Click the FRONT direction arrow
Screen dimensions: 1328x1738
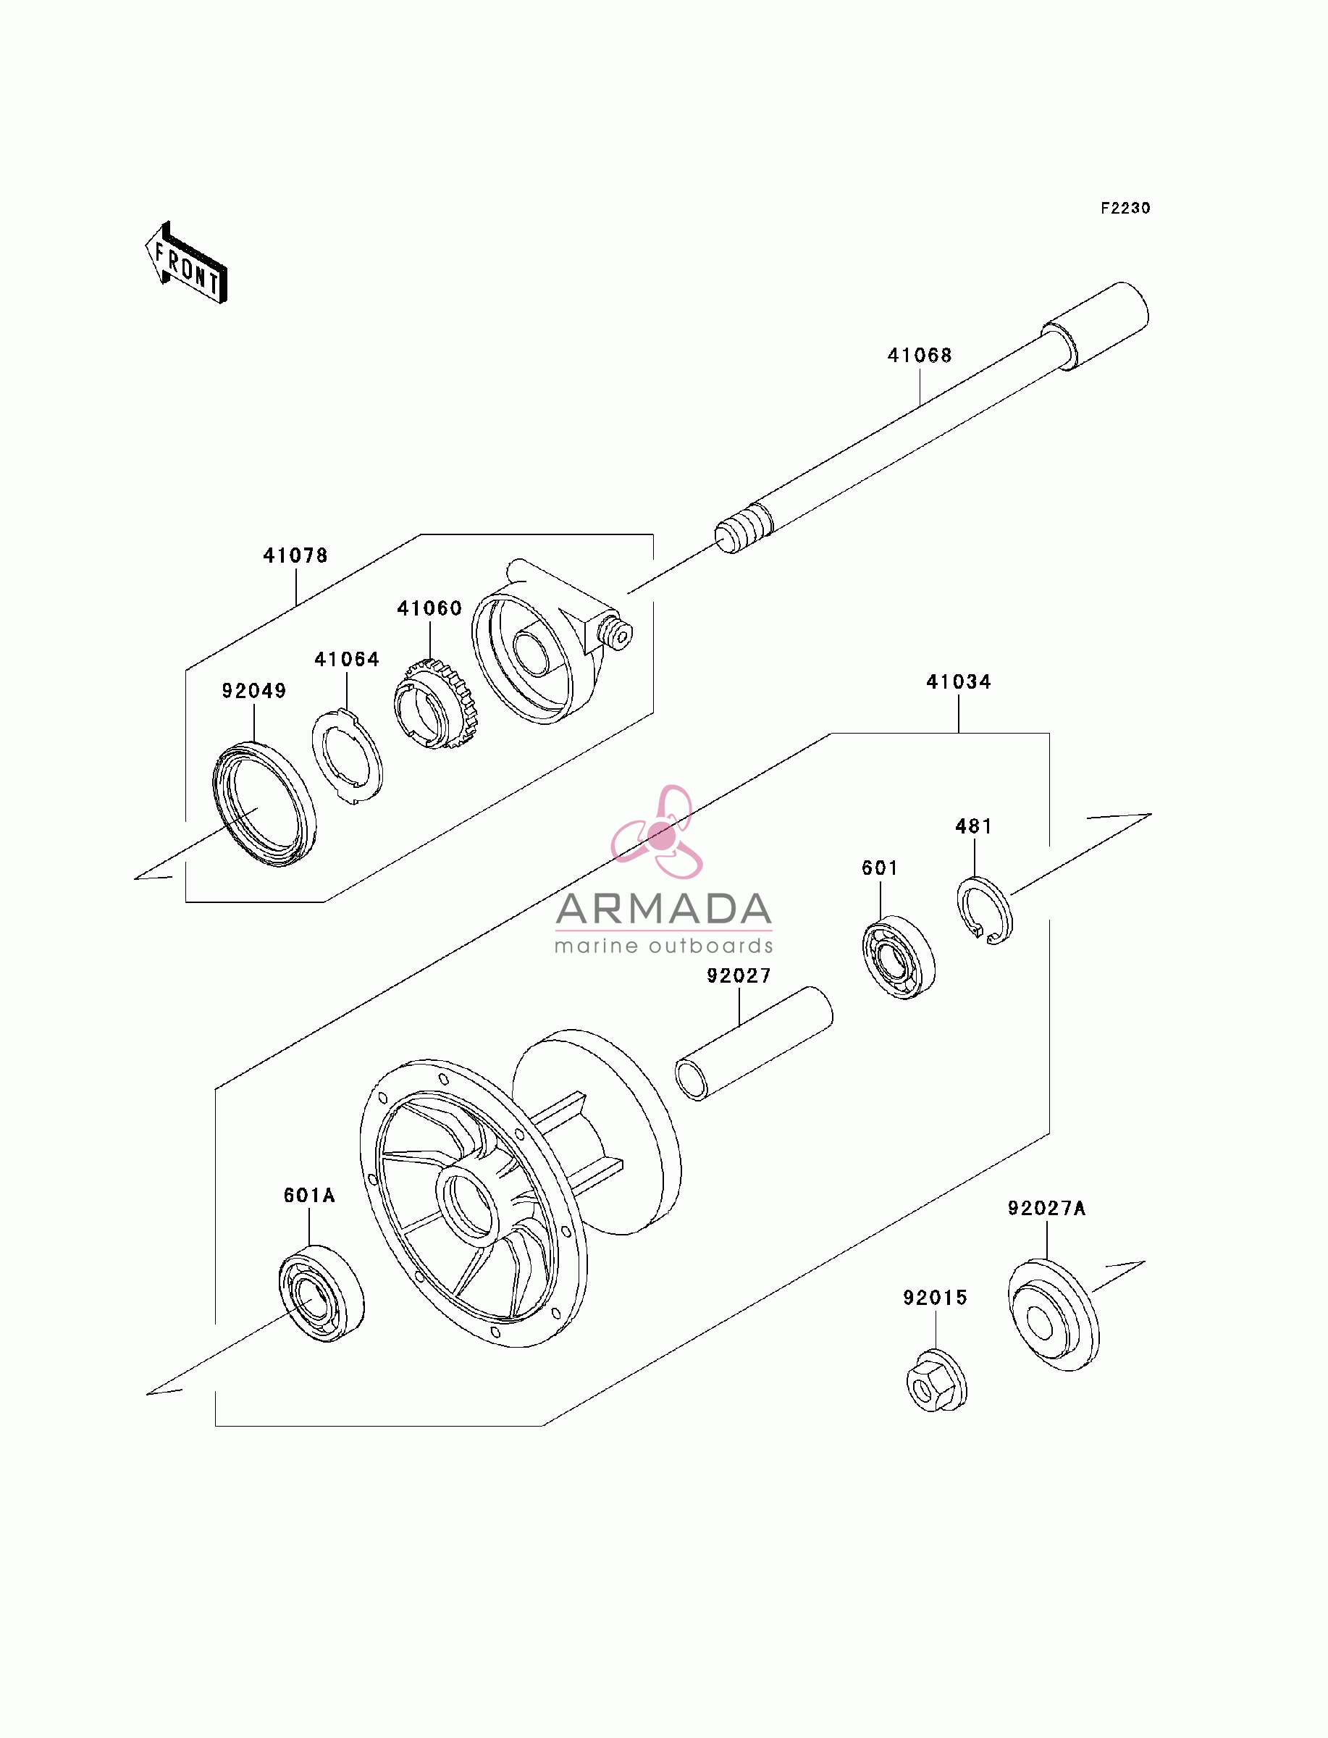186,262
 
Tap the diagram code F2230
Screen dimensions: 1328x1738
1126,208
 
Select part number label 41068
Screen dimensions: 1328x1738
920,356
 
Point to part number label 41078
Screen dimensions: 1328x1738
295,555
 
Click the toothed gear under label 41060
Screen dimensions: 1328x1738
433,704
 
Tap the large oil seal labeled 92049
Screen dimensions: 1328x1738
264,804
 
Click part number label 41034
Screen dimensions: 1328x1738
958,681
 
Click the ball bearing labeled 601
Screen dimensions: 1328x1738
898,957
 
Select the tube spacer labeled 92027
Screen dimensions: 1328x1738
753,1043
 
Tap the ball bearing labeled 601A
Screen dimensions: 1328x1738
321,1293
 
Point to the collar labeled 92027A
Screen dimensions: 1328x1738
1053,1316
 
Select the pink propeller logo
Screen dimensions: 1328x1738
657,832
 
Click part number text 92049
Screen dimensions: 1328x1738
253,691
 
